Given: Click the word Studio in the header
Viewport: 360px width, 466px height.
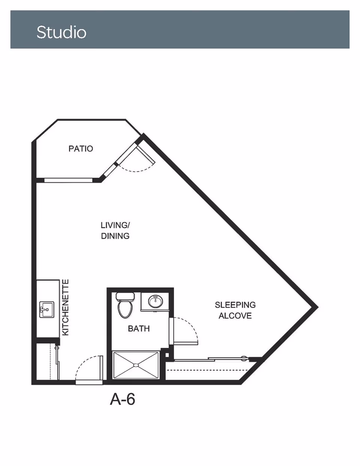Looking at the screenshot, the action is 61,32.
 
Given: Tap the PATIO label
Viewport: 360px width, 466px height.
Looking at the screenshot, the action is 81,149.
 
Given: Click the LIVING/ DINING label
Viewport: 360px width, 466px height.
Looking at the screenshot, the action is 115,230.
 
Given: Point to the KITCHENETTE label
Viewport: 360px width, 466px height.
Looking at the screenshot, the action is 65,307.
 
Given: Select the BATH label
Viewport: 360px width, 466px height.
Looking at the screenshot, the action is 139,329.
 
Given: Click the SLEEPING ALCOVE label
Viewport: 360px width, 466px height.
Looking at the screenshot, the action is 235,310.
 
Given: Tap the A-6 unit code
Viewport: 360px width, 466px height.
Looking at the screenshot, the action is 123,399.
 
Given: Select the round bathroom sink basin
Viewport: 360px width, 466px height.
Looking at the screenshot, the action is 156,302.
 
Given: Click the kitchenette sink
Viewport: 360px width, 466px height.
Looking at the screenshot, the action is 47,310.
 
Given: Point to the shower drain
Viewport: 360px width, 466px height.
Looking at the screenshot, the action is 136,365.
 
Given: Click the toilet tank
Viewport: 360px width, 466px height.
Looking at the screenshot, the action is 125,296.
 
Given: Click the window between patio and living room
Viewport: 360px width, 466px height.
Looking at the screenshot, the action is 68,180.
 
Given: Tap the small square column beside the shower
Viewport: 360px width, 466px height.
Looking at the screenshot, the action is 167,355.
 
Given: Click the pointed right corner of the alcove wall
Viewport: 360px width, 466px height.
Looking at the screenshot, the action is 318,307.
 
